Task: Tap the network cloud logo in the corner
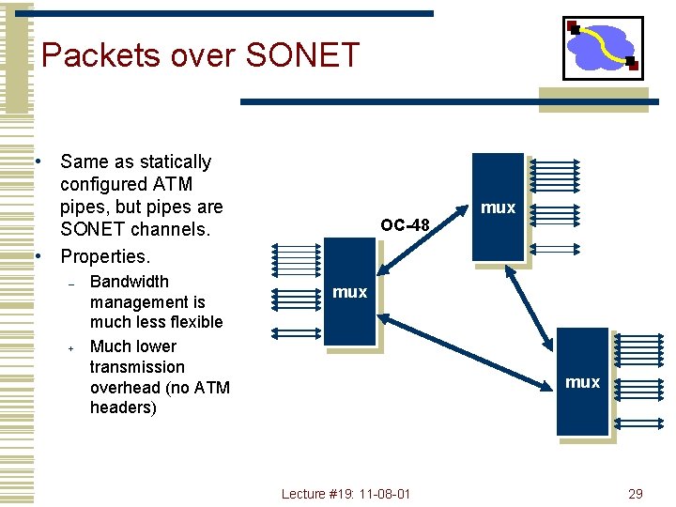(x=602, y=47)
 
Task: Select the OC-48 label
(x=405, y=224)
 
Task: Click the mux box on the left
(x=349, y=292)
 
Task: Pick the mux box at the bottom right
(x=582, y=381)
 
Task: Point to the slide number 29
(x=635, y=494)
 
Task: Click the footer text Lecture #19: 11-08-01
(x=346, y=494)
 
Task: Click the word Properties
(x=104, y=256)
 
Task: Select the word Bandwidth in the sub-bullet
(x=130, y=282)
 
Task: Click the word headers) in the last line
(x=122, y=407)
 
